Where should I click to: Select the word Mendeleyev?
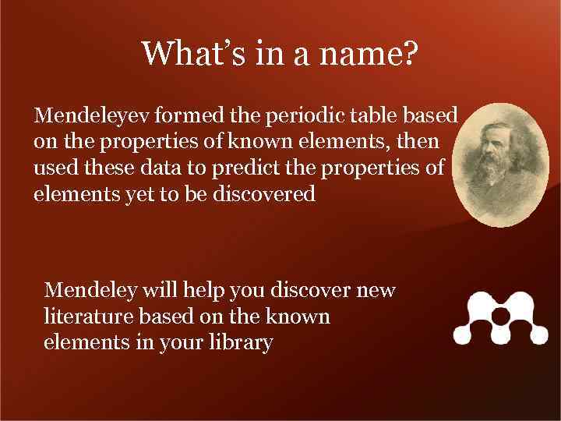pos(93,117)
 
